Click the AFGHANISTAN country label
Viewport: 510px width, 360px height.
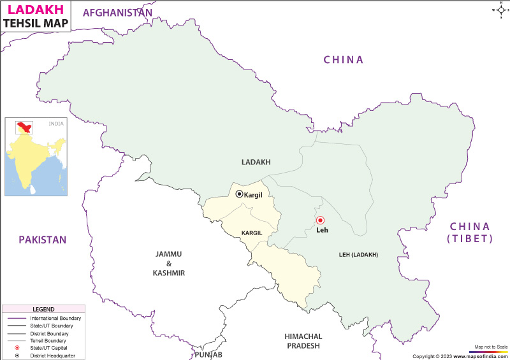118,13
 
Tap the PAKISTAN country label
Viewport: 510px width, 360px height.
42,240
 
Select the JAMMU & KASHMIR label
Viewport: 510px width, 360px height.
170,263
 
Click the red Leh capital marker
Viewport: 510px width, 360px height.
320,220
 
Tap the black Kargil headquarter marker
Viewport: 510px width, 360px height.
239,194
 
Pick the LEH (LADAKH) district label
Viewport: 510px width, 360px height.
358,255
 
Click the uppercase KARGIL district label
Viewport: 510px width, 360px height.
251,233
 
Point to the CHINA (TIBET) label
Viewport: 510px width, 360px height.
470,233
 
